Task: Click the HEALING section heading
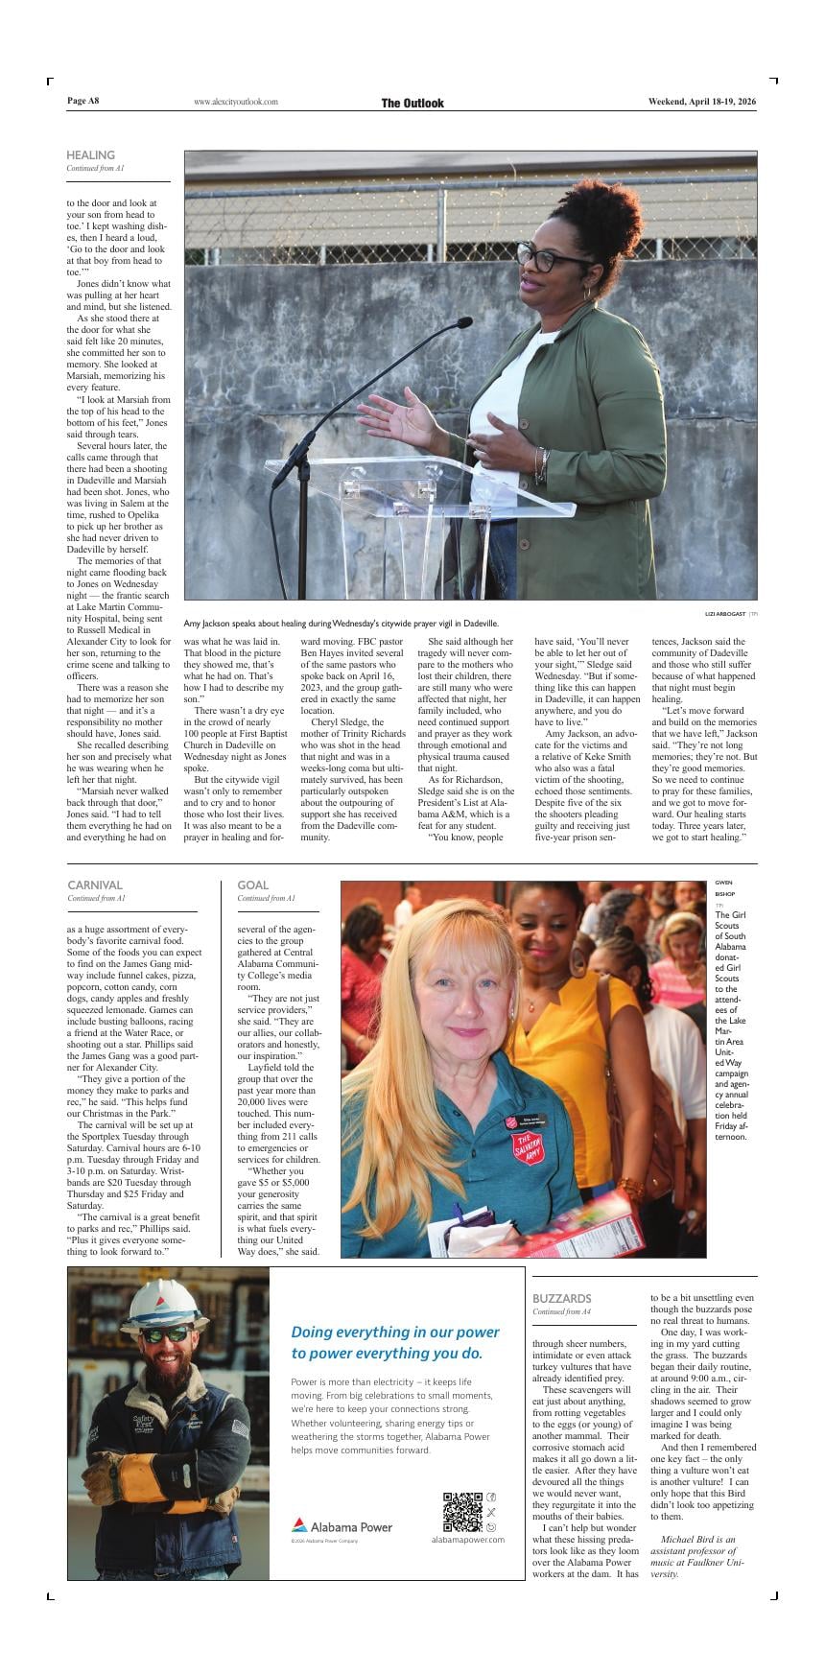pyautogui.click(x=90, y=154)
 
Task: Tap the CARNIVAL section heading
pyautogui.click(x=95, y=885)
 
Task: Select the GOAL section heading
pyautogui.click(x=252, y=885)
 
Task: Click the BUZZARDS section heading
pyautogui.click(x=561, y=1298)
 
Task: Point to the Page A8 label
pyautogui.click(x=83, y=101)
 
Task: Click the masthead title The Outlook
pyautogui.click(x=412, y=103)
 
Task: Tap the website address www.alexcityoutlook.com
pyautogui.click(x=235, y=102)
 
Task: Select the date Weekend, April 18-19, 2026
pyautogui.click(x=701, y=101)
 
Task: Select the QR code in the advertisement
pyautogui.click(x=461, y=1511)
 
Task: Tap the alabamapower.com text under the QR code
pyautogui.click(x=467, y=1539)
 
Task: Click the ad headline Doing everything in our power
pyautogui.click(x=395, y=1332)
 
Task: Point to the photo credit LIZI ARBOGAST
pyautogui.click(x=725, y=613)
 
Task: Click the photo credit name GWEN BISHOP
pyautogui.click(x=723, y=887)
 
